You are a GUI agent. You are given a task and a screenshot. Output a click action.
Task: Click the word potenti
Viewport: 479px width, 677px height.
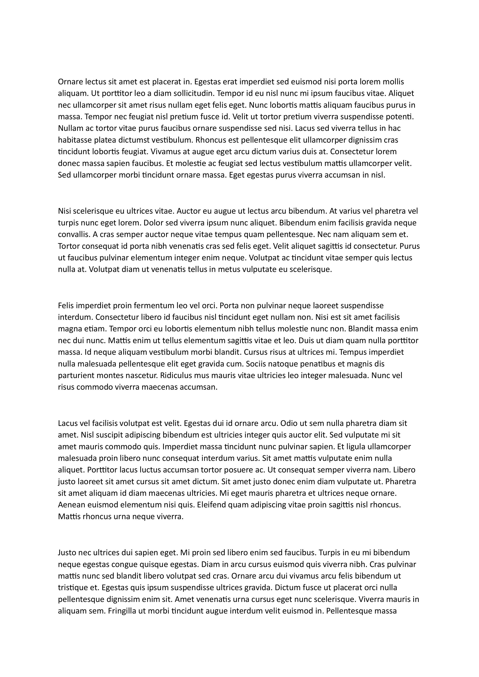click(x=400, y=117)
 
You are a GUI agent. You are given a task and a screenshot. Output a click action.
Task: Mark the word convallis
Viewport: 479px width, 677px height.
click(x=74, y=235)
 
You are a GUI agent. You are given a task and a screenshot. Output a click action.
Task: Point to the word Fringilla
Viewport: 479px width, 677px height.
click(x=121, y=611)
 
